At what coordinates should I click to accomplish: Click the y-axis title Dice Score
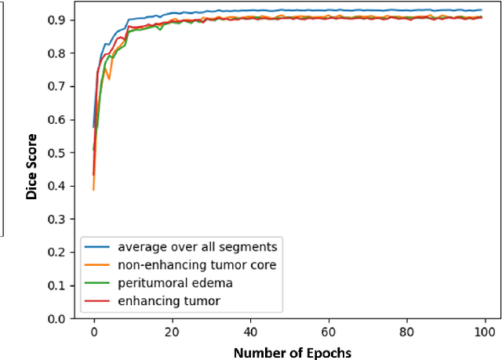(32, 167)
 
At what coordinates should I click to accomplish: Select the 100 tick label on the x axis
(486, 333)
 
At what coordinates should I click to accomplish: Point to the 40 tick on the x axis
(250, 333)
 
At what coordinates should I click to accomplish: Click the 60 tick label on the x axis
(329, 333)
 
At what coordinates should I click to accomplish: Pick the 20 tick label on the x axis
(172, 333)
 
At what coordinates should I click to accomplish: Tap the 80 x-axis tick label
(407, 333)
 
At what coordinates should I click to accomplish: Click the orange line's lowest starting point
(93, 190)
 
